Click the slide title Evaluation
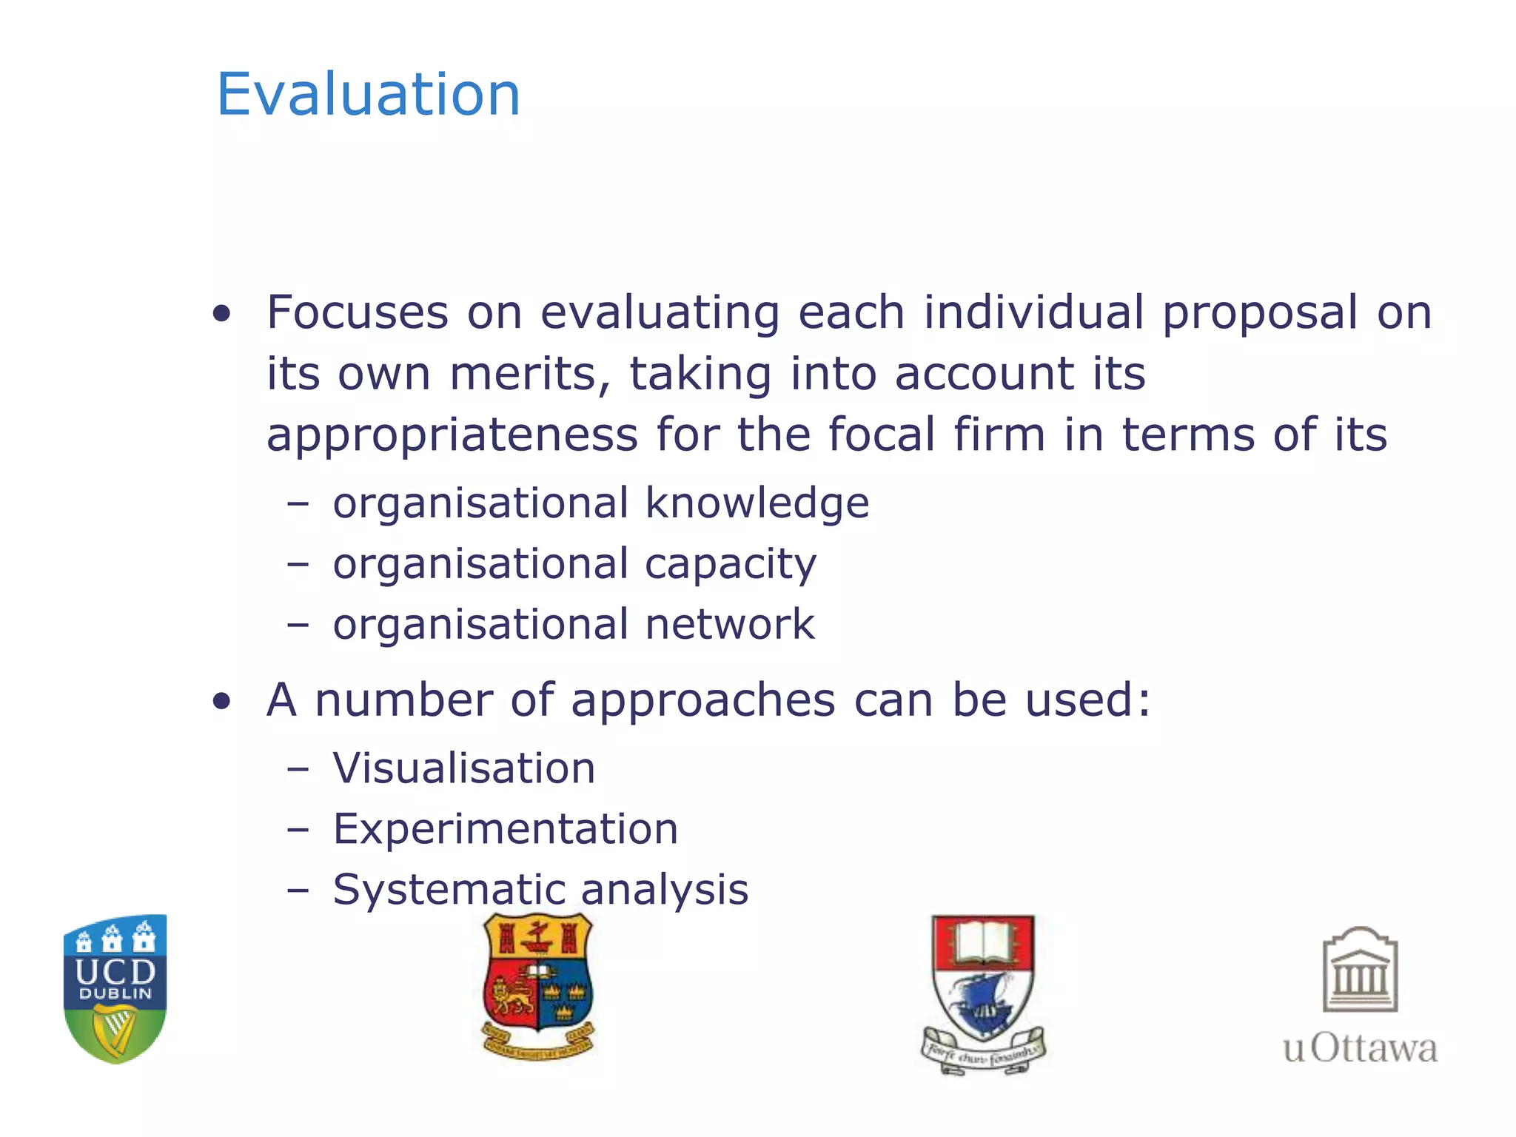click(368, 95)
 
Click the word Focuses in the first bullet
click(358, 312)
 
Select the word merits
click(530, 374)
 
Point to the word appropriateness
click(452, 436)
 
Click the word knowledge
click(757, 504)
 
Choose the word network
click(729, 625)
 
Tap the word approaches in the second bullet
click(703, 701)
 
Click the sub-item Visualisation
click(464, 768)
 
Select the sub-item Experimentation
click(506, 829)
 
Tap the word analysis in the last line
click(664, 890)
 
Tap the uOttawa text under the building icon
click(1360, 1048)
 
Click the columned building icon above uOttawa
click(1360, 970)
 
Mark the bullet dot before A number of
click(221, 701)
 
